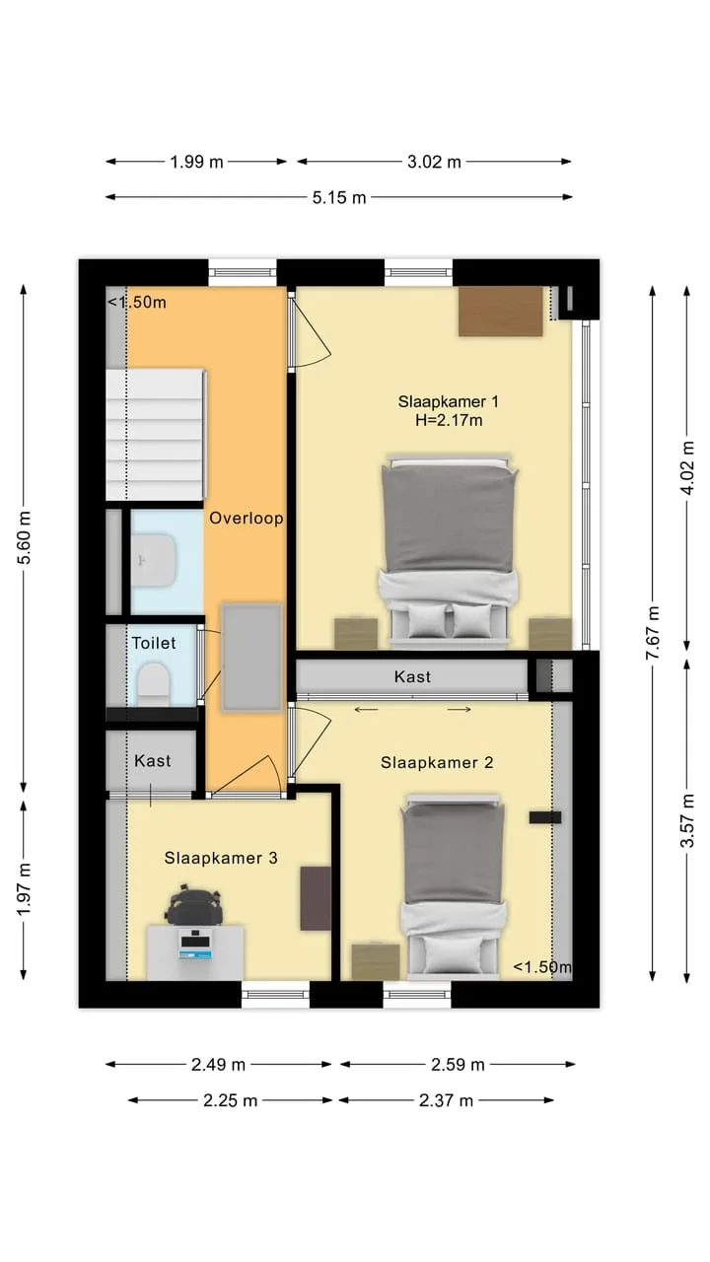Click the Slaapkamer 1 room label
click(x=448, y=401)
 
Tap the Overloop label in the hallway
click(x=247, y=518)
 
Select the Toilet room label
click(x=154, y=643)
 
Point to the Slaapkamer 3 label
click(x=221, y=858)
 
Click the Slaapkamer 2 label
click(x=437, y=762)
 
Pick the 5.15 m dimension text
click(x=339, y=198)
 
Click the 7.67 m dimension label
click(x=653, y=633)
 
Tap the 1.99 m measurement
click(x=196, y=163)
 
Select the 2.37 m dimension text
click(x=446, y=1100)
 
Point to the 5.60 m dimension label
click(x=25, y=537)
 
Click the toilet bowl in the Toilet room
click(x=154, y=684)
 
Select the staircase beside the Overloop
click(x=156, y=435)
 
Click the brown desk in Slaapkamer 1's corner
click(x=500, y=312)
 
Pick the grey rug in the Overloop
click(x=251, y=658)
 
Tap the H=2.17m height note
click(x=449, y=420)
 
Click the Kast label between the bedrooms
click(x=412, y=676)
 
